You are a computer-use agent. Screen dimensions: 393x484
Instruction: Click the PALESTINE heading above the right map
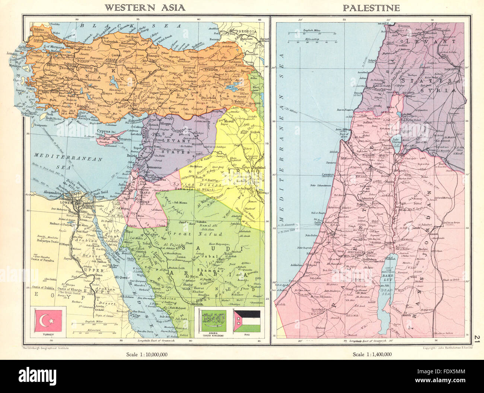coord(369,7)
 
